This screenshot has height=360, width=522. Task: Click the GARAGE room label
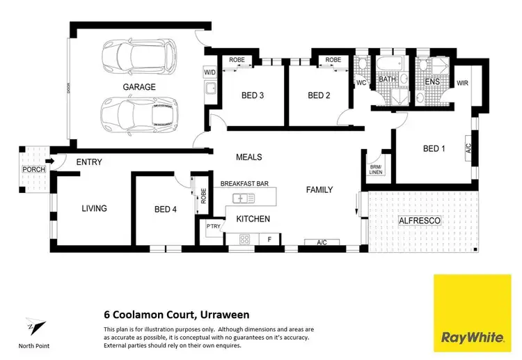139,87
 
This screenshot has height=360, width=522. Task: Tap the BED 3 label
252,95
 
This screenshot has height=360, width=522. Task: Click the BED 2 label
319,95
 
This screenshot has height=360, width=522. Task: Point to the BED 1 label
435,148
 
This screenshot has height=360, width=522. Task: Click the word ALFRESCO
421,221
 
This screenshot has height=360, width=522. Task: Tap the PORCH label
33,170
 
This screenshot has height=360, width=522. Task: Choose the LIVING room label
94,208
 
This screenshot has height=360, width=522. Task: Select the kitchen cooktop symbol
245,239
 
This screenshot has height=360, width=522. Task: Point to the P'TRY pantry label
213,226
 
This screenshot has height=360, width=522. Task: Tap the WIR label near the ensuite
463,83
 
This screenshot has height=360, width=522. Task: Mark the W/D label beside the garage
209,72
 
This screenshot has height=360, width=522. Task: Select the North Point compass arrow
33,327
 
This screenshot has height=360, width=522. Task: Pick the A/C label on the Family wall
322,242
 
